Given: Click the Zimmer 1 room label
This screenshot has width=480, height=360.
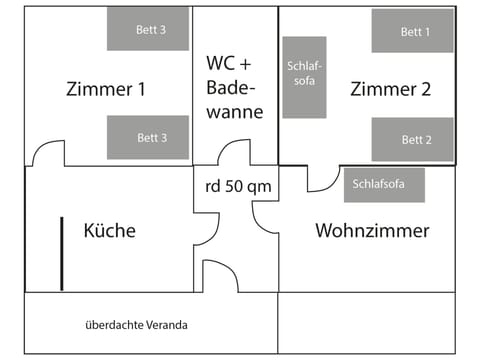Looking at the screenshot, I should [105, 88].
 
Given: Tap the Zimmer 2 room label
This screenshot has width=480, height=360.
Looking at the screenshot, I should [390, 88].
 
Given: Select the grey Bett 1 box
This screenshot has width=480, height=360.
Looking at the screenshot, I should [412, 31].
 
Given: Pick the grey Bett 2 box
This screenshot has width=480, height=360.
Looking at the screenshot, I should [412, 139].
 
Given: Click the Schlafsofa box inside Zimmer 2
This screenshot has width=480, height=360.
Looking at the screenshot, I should [304, 77].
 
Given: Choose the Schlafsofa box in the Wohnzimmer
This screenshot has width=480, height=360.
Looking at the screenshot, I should [384, 185].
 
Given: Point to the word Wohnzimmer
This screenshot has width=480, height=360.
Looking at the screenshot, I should [372, 231].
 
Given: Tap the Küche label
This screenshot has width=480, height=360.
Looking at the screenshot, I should [110, 231].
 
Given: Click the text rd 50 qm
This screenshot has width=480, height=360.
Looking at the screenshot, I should [238, 186].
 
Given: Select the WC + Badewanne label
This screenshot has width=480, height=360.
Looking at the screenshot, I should [235, 87].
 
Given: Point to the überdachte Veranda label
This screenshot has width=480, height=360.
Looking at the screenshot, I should [136, 325].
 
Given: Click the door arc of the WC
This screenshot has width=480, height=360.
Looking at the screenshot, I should [234, 152].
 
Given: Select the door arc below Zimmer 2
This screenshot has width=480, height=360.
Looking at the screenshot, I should [322, 180].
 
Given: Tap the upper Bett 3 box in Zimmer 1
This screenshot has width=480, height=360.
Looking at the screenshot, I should [148, 31].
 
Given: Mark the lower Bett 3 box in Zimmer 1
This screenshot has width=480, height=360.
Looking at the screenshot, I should [148, 138].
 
